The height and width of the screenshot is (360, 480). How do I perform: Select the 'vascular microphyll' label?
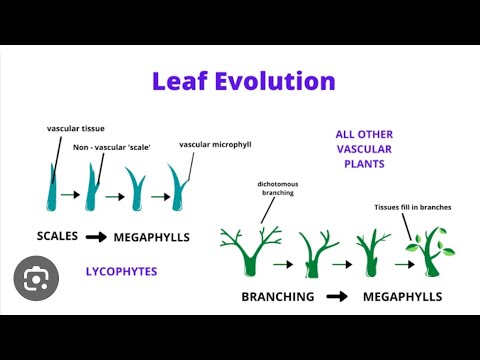coord(216,144)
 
